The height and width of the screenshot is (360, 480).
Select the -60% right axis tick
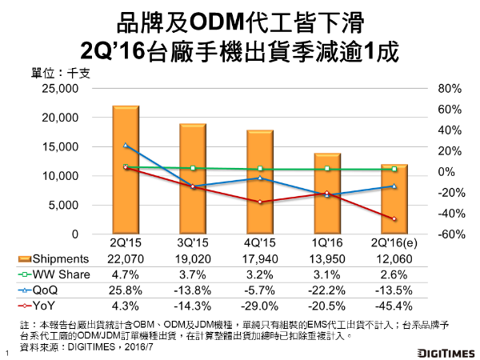click(446, 234)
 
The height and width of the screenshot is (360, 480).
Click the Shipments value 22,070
click(126, 258)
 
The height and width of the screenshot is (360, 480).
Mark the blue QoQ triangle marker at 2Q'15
click(126, 145)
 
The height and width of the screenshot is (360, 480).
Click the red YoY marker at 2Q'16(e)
click(394, 219)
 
